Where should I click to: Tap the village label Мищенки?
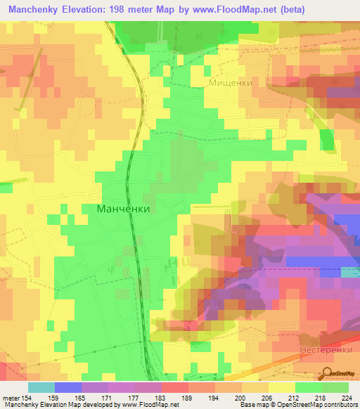(230, 82)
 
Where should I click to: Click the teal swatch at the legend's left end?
(41, 387)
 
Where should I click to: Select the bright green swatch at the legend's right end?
(335, 387)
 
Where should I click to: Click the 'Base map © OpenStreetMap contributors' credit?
(297, 405)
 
